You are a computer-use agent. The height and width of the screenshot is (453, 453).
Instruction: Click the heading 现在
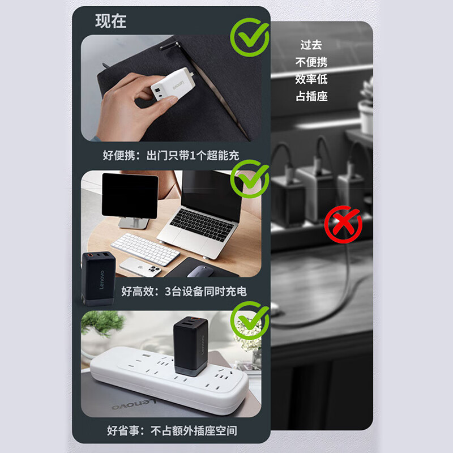(110, 22)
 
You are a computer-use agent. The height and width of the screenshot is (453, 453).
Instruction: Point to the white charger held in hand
(173, 86)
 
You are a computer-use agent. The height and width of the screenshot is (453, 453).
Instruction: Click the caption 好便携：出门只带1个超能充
(171, 155)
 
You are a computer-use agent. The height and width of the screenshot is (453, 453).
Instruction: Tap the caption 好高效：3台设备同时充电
(183, 292)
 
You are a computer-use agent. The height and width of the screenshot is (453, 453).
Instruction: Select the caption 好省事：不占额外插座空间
(172, 431)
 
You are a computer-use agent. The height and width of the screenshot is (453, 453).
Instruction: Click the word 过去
(311, 45)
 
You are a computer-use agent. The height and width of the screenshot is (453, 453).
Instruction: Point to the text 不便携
(311, 62)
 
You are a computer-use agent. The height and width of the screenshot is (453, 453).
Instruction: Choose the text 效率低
(311, 79)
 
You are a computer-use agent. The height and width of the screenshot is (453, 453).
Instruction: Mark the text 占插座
(311, 96)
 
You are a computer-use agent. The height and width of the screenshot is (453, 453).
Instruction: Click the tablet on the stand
(130, 195)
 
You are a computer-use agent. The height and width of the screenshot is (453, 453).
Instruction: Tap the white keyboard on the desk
(146, 249)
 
